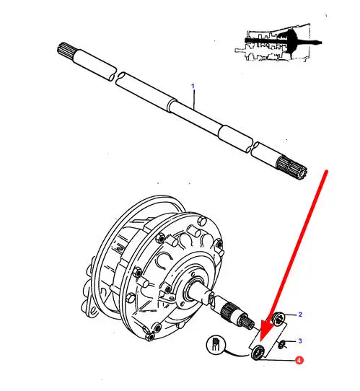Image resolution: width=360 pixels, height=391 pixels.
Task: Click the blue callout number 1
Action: (x=193, y=86)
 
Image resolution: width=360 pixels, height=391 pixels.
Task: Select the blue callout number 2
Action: (x=300, y=315)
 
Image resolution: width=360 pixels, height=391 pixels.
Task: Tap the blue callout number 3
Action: (x=300, y=341)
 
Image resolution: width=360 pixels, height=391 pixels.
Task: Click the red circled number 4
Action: (x=299, y=360)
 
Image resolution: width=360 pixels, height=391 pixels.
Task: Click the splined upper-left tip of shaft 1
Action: (x=65, y=50)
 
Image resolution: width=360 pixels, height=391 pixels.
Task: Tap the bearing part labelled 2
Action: (x=278, y=319)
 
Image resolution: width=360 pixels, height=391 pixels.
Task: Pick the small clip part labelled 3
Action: (x=282, y=345)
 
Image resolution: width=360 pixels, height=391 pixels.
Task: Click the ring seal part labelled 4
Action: (x=258, y=352)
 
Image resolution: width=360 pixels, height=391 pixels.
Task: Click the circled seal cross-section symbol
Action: (x=216, y=344)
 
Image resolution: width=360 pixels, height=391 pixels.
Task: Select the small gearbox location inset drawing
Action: (x=278, y=43)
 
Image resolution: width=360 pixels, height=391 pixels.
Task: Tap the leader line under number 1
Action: (x=194, y=100)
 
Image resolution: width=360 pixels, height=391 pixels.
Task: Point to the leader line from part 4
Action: (x=276, y=359)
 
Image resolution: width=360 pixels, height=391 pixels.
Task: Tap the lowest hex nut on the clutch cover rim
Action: (x=150, y=337)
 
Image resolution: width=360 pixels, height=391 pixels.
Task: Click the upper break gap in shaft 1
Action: (x=116, y=75)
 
